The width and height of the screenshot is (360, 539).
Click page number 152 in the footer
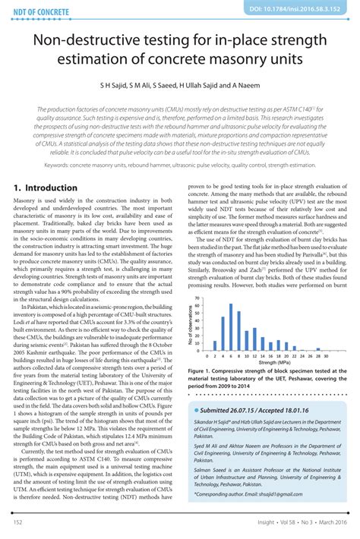coord(17,524)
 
